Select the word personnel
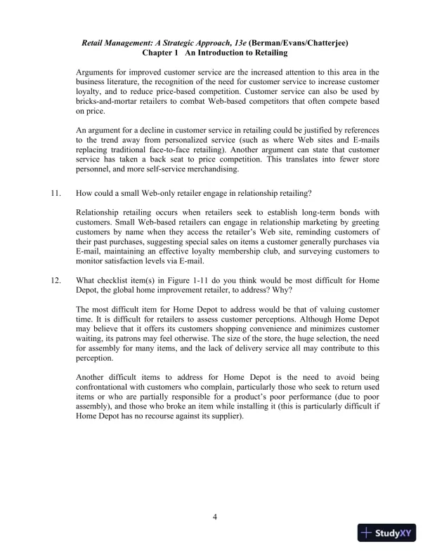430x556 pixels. point(95,169)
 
